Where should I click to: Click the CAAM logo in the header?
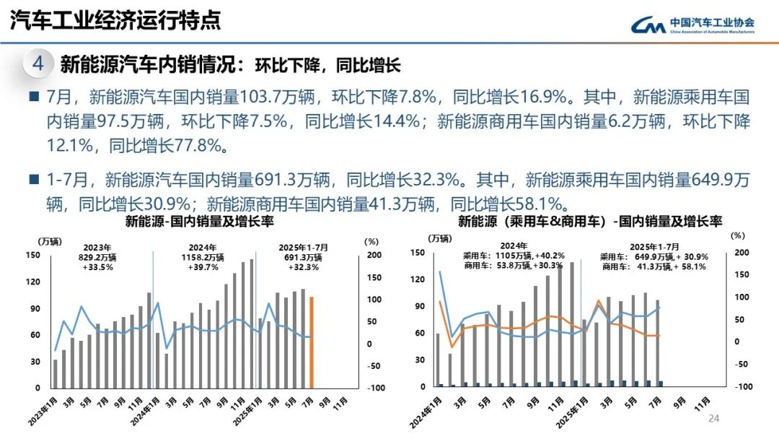coord(692,25)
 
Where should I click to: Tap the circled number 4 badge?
coord(38,64)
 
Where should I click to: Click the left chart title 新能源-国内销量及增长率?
coord(200,221)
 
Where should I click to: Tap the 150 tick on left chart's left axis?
coord(33,255)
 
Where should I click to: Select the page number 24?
coord(715,419)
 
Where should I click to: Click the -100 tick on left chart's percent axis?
coord(374,388)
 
